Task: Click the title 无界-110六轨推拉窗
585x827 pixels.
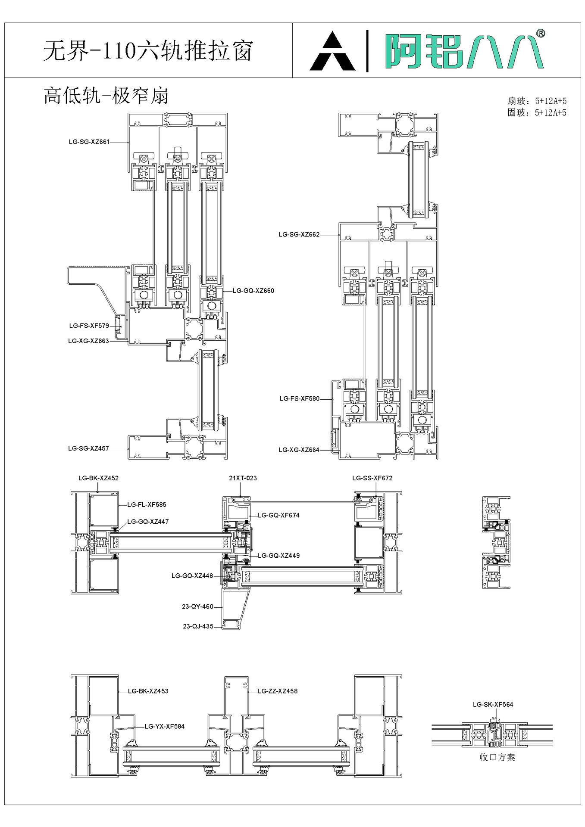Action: point(148,51)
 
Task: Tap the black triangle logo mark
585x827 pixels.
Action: point(332,51)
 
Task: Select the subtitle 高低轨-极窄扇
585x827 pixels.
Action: point(106,96)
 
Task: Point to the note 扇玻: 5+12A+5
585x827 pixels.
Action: point(537,101)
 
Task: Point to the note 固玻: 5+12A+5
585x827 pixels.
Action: point(537,113)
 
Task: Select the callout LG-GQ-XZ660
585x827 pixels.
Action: point(253,291)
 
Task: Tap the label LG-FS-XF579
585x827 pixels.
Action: point(89,326)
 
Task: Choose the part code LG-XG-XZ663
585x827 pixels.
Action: point(88,341)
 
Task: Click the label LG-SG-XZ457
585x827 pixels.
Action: point(88,448)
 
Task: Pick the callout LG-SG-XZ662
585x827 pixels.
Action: point(299,235)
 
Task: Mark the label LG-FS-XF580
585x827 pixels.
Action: point(300,399)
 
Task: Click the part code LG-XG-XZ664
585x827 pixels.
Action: point(299,450)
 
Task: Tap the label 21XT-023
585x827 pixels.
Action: point(243,478)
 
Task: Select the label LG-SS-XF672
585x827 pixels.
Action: point(372,478)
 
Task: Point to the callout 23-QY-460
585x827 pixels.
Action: point(197,607)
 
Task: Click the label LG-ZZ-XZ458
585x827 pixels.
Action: point(278,691)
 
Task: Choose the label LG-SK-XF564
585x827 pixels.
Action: point(493,705)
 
